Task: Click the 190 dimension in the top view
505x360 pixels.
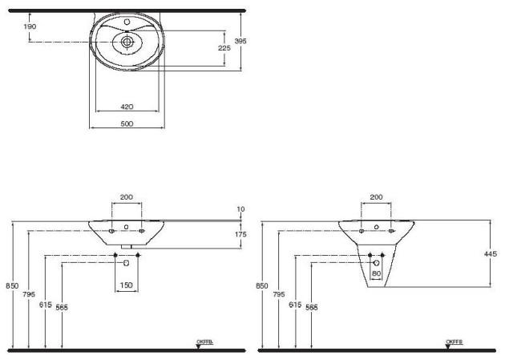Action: coord(30,26)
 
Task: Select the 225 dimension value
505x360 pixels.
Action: coord(224,49)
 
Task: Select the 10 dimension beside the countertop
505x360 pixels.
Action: coord(241,210)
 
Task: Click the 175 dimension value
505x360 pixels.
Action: coord(241,233)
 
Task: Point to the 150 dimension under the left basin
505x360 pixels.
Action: coord(127,285)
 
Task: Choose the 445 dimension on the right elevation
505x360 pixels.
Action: coord(491,253)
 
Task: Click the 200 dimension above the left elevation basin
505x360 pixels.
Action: coord(127,196)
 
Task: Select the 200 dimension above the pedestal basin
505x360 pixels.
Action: coord(376,196)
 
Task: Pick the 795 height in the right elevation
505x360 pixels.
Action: coord(280,294)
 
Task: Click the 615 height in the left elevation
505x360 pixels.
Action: coord(45,305)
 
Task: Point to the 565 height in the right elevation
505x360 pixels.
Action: coord(311,307)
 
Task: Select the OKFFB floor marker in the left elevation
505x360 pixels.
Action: coord(204,342)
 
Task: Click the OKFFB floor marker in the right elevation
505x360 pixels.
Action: coord(454,342)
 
